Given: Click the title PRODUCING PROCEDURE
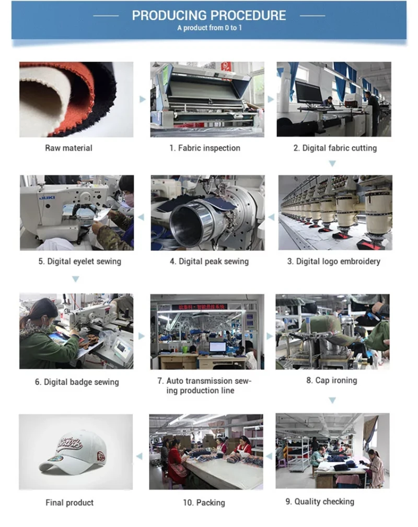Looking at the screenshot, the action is (x=208, y=16).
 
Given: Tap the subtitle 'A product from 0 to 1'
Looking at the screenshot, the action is (x=210, y=28).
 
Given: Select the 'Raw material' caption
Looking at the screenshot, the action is (x=68, y=148).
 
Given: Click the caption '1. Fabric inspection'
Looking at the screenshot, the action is (x=205, y=148).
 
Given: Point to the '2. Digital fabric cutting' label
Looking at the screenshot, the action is (x=335, y=148).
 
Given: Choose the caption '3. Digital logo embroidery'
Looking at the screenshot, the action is (x=333, y=261).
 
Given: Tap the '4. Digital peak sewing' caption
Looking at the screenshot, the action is (x=210, y=261).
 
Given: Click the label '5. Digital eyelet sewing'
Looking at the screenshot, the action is (x=80, y=261).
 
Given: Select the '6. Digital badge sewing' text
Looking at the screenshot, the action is (x=77, y=382).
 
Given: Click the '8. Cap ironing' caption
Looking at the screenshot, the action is (x=331, y=380).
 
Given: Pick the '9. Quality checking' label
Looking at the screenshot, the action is (x=320, y=502).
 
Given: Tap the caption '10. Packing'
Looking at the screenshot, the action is (x=204, y=503).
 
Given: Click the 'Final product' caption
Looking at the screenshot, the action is (x=69, y=503).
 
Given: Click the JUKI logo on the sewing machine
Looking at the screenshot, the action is (x=48, y=198).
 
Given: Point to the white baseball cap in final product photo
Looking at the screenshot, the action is (x=73, y=452).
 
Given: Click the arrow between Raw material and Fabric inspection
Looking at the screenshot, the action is (x=143, y=100).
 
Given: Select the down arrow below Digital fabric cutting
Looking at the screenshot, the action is (x=332, y=164).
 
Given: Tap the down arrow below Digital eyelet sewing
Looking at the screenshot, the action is (x=76, y=279).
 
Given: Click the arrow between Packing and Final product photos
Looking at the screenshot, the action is (x=139, y=456).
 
